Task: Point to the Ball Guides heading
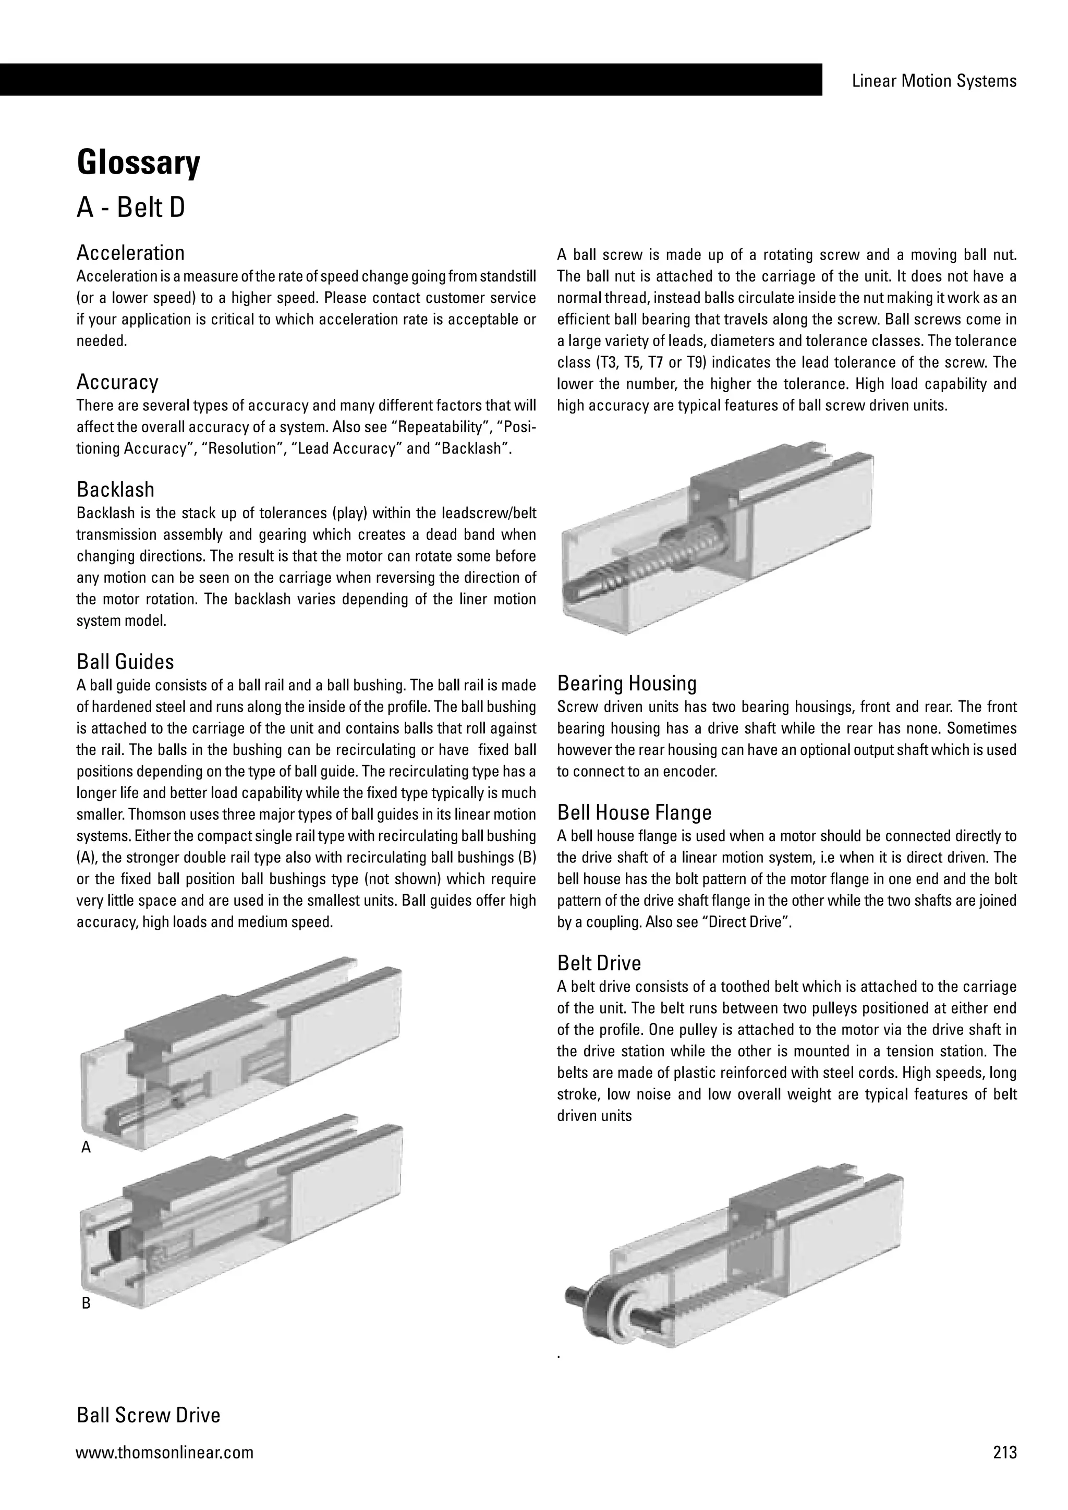(125, 662)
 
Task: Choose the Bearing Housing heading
(626, 684)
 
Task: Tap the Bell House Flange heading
(634, 813)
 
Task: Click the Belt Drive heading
(599, 964)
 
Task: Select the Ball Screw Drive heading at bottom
(148, 1415)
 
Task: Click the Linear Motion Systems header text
(934, 81)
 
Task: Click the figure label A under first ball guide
(86, 1148)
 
